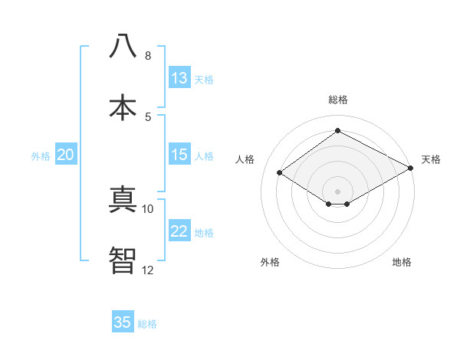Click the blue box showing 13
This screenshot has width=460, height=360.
179,78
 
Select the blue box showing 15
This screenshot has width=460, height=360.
179,155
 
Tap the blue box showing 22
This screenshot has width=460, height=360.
179,231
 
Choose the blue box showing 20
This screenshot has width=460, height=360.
65,155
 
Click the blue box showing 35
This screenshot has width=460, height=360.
123,322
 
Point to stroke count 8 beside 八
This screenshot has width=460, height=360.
148,56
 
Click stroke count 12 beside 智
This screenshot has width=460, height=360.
148,270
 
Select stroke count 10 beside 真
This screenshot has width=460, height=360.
148,208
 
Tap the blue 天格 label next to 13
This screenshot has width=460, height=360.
204,80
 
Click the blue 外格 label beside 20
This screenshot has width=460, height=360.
41,156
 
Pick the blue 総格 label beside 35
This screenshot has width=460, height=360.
147,324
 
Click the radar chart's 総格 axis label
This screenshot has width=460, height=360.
337,100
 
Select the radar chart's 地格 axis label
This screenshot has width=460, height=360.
402,262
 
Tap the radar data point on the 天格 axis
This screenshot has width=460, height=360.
411,169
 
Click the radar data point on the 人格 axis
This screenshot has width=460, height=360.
280,173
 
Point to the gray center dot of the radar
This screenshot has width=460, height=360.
337,191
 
